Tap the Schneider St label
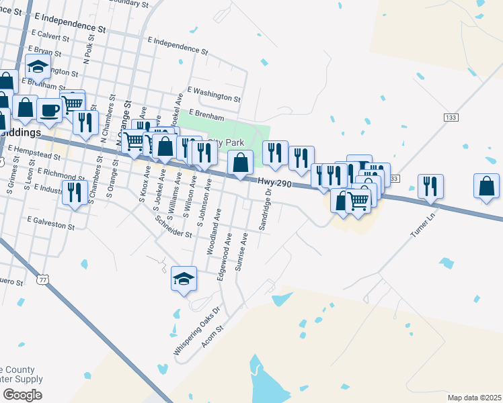pos(173,227)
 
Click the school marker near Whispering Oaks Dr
pos(184,279)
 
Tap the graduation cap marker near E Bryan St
pos(38,67)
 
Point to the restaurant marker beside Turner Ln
pos(429,186)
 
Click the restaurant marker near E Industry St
pos(74,193)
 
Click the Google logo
pos(22,395)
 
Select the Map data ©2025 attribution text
pos(474,398)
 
